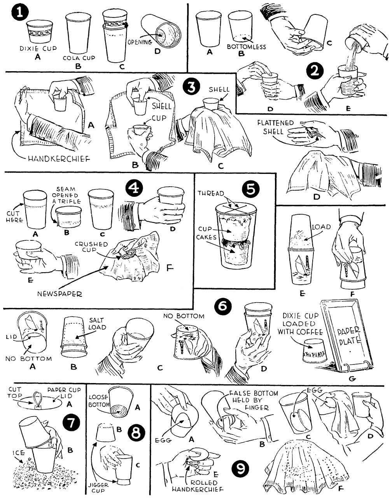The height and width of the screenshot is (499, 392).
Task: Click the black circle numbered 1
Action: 19,12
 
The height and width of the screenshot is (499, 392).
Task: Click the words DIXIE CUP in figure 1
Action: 38,49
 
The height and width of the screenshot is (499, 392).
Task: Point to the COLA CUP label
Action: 79,58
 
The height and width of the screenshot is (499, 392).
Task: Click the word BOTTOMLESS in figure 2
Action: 247,47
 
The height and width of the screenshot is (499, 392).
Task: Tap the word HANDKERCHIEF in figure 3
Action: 59,159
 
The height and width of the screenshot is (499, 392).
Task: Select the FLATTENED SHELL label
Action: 275,127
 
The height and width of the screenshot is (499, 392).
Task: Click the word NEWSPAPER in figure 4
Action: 59,294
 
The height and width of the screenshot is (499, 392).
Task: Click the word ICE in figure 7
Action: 19,453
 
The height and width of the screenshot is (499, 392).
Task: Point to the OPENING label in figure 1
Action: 140,42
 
